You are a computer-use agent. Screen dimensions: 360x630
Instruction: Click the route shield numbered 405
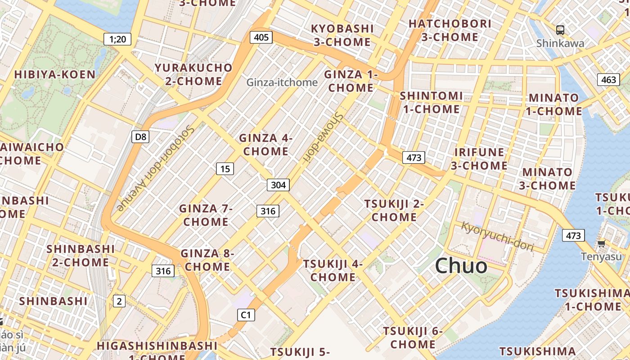(x=261, y=37)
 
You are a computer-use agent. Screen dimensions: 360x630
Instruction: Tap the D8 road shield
(x=140, y=136)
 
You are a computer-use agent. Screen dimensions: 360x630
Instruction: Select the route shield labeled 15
(x=225, y=169)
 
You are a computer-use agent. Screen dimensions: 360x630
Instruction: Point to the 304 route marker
(x=278, y=184)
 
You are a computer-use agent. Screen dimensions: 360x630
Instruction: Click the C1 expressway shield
(x=246, y=315)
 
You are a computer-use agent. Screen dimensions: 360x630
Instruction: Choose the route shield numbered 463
(x=608, y=80)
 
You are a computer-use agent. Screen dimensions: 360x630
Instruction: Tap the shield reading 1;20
(x=117, y=39)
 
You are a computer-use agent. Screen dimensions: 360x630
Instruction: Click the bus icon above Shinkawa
(x=560, y=30)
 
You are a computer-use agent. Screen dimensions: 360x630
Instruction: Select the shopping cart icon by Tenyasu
(x=601, y=244)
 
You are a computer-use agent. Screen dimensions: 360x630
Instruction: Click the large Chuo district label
(x=461, y=265)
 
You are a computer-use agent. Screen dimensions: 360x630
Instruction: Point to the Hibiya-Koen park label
(x=55, y=74)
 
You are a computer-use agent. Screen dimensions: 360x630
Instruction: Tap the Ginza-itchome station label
(x=282, y=82)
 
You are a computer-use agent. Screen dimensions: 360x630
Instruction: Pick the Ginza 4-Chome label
(x=265, y=144)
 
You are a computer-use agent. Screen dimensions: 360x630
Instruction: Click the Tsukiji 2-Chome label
(x=394, y=210)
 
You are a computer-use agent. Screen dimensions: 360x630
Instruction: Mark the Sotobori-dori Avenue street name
(x=156, y=168)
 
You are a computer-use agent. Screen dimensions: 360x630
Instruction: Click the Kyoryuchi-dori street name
(x=497, y=236)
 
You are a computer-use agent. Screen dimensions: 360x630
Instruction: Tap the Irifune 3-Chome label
(x=479, y=158)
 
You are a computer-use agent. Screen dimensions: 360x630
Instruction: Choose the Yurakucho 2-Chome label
(x=194, y=74)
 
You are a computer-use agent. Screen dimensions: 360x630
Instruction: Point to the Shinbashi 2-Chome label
(x=81, y=255)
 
